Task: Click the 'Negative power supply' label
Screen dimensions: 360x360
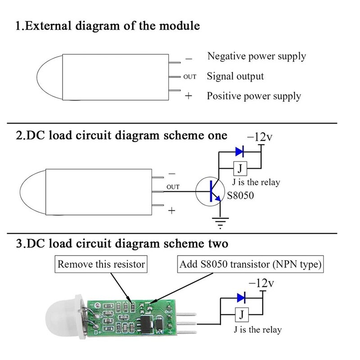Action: tap(256, 56)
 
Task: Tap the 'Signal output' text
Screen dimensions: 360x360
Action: tap(235, 76)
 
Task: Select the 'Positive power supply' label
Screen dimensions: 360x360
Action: tap(254, 96)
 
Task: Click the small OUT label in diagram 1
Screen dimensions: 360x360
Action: tap(190, 77)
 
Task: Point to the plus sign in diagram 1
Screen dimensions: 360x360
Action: tap(189, 96)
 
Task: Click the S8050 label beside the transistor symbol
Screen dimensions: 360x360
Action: tap(241, 196)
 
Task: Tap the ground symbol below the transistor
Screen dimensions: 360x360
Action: tap(220, 220)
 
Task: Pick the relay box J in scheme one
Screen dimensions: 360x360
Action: tap(240, 169)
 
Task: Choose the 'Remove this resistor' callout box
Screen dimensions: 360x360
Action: tap(101, 264)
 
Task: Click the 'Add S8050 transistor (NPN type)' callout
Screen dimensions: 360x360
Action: tap(250, 264)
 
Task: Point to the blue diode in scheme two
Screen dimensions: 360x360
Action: tap(241, 297)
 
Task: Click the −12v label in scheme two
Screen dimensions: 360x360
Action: tap(261, 283)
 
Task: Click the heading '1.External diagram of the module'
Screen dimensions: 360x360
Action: tap(108, 26)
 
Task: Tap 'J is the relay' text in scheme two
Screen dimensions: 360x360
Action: tap(257, 330)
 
